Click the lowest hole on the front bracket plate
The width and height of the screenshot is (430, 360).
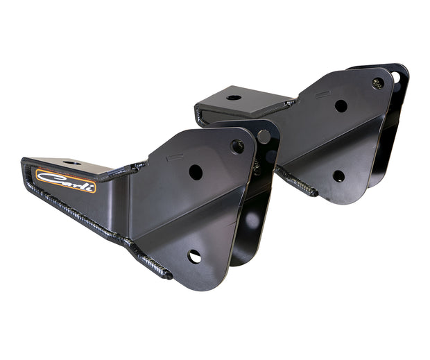point(194,257)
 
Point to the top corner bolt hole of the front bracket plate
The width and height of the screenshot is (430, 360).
point(237,146)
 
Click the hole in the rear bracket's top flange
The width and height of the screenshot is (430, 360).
point(234,97)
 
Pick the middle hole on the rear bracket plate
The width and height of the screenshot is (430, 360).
point(341,105)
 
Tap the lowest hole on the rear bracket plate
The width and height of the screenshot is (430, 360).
point(338,176)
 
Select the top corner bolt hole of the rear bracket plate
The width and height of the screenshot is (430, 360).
point(377,83)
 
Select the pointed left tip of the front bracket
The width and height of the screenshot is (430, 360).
point(26,165)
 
